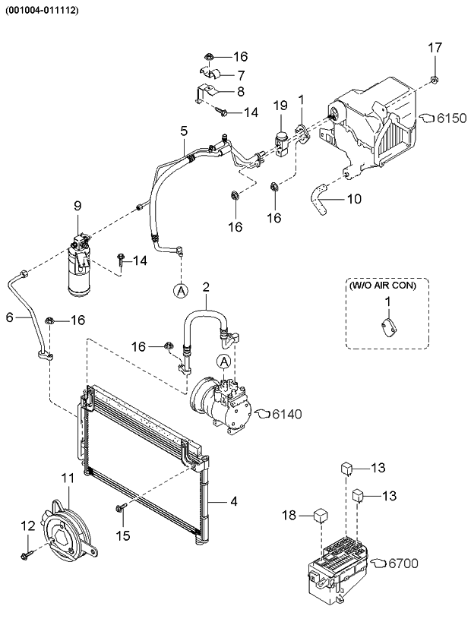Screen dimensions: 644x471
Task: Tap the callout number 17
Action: [x=433, y=48]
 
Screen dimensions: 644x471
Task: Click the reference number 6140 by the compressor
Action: [x=286, y=414]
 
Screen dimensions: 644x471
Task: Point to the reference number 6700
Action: [x=403, y=563]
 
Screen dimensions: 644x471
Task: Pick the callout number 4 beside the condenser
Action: [x=234, y=501]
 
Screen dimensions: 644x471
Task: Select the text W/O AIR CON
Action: [x=387, y=286]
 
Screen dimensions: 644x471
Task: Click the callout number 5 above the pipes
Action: [x=183, y=131]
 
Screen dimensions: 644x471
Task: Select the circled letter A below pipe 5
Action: [x=180, y=289]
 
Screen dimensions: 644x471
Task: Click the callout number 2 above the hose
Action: [x=205, y=287]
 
